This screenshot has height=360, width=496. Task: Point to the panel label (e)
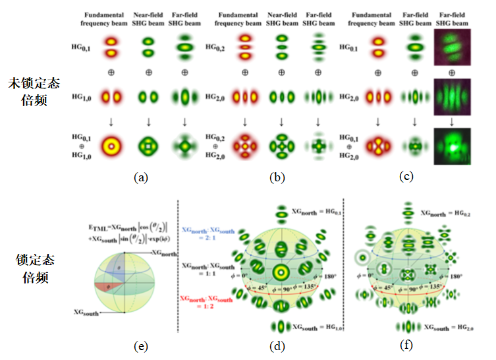[x=141, y=345]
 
